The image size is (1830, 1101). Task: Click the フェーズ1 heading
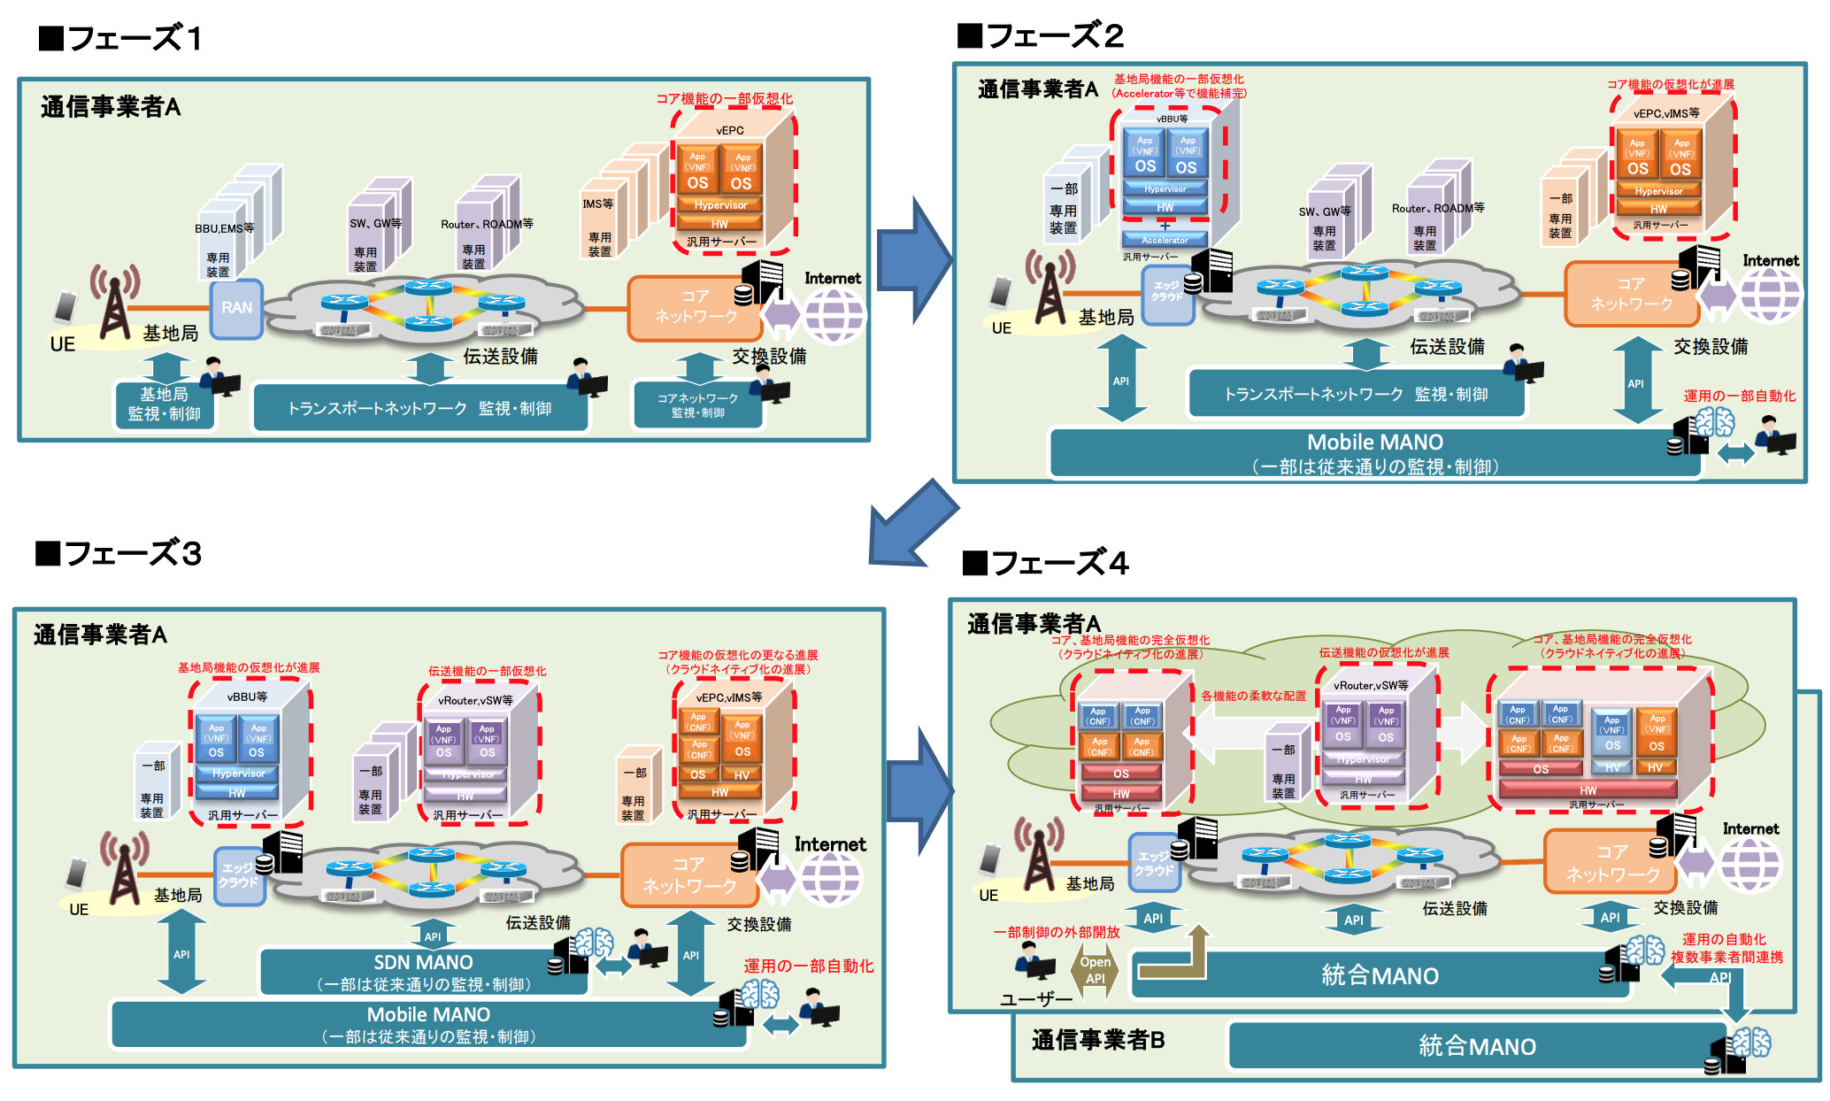pyautogui.click(x=121, y=38)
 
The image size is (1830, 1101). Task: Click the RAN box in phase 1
pyautogui.click(x=236, y=308)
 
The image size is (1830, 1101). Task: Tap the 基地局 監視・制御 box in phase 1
pyautogui.click(x=164, y=404)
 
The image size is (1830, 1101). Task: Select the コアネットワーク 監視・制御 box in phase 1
pyautogui.click(x=697, y=405)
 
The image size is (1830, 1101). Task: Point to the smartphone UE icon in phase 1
pyautogui.click(x=65, y=307)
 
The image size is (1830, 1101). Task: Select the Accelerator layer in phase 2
pyautogui.click(x=1165, y=240)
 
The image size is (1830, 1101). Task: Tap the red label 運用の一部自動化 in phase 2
pyautogui.click(x=1739, y=396)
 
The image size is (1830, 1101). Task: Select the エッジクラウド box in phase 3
pyautogui.click(x=238, y=876)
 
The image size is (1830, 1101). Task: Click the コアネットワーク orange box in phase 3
pyautogui.click(x=689, y=874)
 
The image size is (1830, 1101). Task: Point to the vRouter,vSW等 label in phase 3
pyautogui.click(x=475, y=700)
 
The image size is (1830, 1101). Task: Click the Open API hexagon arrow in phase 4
pyautogui.click(x=1095, y=970)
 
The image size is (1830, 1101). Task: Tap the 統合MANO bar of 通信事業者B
pyautogui.click(x=1476, y=1046)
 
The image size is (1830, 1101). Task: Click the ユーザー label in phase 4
pyautogui.click(x=1035, y=999)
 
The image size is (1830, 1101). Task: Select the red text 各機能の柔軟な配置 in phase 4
pyautogui.click(x=1253, y=696)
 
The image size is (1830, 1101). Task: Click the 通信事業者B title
pyautogui.click(x=1097, y=1040)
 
